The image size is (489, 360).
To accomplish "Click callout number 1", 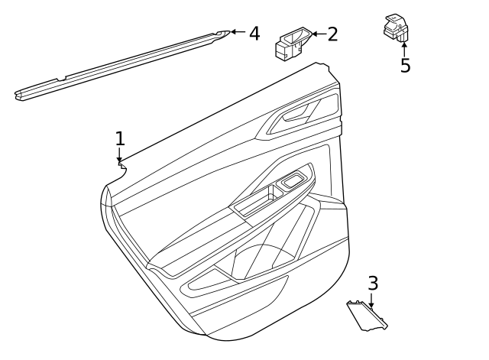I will point(119,138).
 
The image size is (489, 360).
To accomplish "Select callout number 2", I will point(332,34).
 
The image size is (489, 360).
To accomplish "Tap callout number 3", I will point(372,284).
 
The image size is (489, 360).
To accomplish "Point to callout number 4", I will point(254,34).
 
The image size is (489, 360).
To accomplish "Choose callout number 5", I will point(405,66).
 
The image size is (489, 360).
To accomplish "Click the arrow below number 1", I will point(119,155).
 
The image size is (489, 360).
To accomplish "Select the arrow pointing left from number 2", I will point(318,34).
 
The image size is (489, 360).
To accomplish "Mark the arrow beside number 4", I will point(238,32).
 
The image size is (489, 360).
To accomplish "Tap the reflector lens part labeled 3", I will point(366,315).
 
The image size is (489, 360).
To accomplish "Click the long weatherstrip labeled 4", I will point(122,65).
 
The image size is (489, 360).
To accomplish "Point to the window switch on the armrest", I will point(293,181).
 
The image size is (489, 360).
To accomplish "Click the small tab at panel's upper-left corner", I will point(121,164).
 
